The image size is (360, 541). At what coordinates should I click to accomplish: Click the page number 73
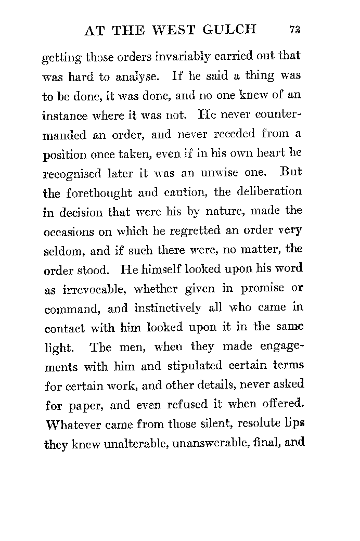pyautogui.click(x=294, y=30)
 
